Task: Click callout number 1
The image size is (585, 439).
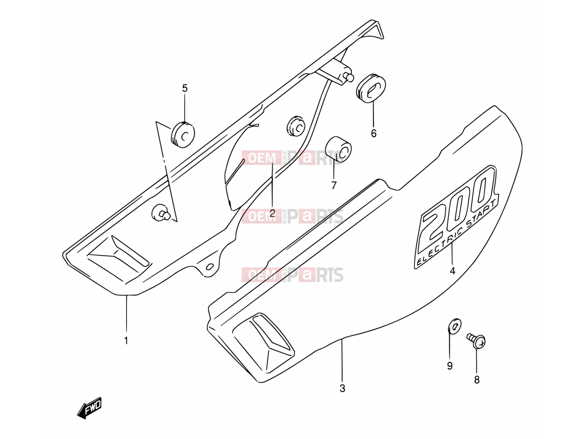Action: point(126,340)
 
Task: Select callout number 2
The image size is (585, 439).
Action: point(272,213)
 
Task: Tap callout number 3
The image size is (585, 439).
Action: point(342,389)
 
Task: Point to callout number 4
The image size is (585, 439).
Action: point(453,271)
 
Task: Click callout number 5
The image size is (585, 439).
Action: point(185,88)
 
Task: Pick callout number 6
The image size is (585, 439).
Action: point(374,133)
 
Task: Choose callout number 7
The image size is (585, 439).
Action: point(334,185)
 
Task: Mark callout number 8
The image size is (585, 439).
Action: point(477,380)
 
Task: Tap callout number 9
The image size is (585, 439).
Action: point(450,366)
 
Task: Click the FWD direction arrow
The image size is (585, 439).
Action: point(90,408)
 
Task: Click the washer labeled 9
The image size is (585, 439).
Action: point(454,326)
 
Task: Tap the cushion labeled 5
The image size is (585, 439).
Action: point(182,135)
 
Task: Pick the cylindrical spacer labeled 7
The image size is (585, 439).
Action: point(338,149)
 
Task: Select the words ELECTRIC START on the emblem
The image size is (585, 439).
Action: point(456,232)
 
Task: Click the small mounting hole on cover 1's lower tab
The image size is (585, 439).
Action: point(210,266)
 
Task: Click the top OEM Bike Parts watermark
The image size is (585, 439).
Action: point(292,158)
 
